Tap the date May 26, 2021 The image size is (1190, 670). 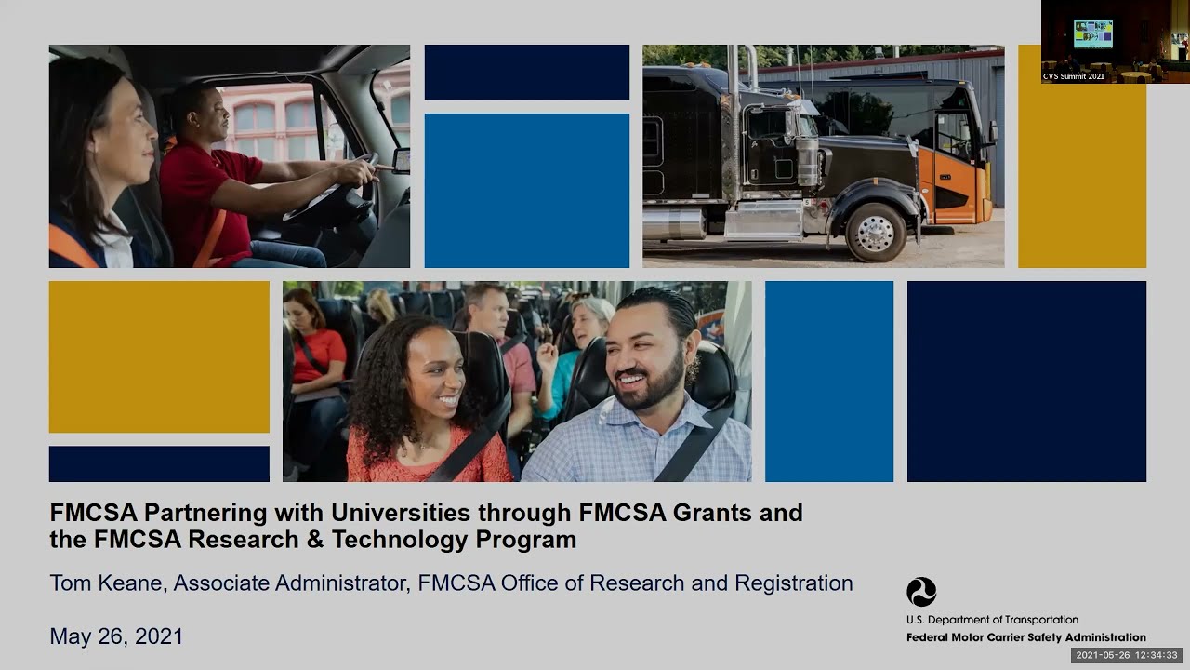click(x=116, y=636)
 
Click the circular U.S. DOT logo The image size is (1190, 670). click(x=921, y=592)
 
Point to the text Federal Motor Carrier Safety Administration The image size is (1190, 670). click(x=1025, y=637)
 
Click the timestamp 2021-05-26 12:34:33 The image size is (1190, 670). click(x=1126, y=655)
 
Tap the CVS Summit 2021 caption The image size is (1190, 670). click(x=1074, y=76)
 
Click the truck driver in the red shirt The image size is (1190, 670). click(x=214, y=177)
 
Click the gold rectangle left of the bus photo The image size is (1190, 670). click(x=159, y=356)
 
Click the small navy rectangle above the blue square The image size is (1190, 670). click(x=526, y=72)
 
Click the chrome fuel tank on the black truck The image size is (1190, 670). click(x=674, y=223)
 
